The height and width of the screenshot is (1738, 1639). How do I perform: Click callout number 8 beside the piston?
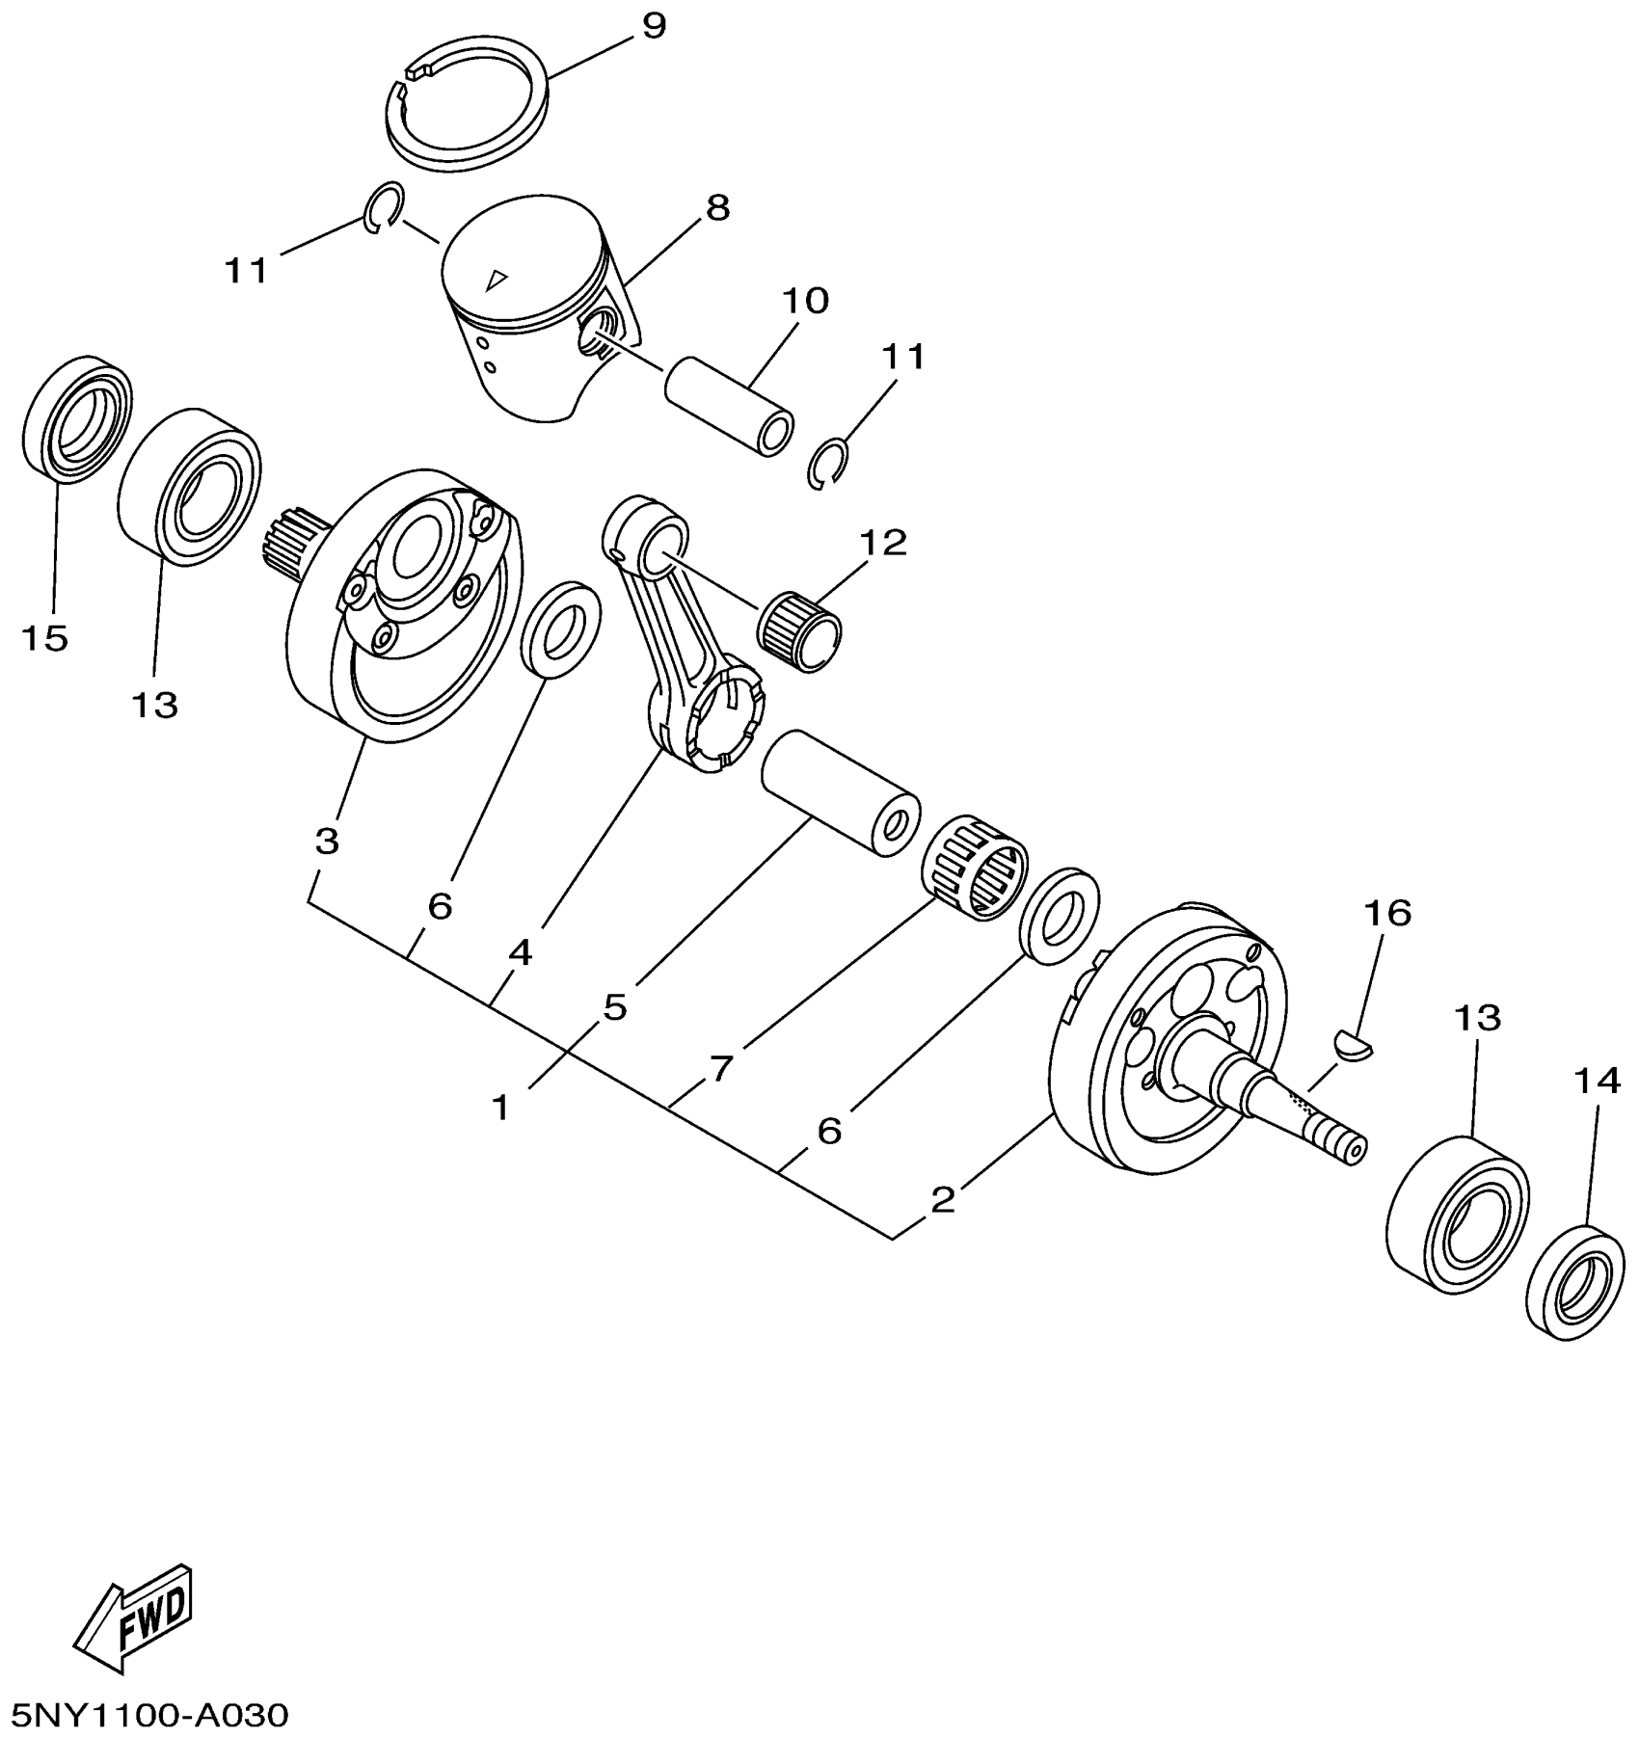(717, 207)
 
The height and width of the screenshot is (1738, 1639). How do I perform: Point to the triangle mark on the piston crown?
(496, 280)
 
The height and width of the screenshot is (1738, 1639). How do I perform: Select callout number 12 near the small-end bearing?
(884, 543)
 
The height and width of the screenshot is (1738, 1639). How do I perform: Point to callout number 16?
(1387, 912)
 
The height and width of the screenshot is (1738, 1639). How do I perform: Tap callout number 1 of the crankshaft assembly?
(500, 1107)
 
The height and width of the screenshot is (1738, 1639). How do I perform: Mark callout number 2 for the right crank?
(943, 1199)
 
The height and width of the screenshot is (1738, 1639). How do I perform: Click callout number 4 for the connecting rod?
(520, 953)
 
